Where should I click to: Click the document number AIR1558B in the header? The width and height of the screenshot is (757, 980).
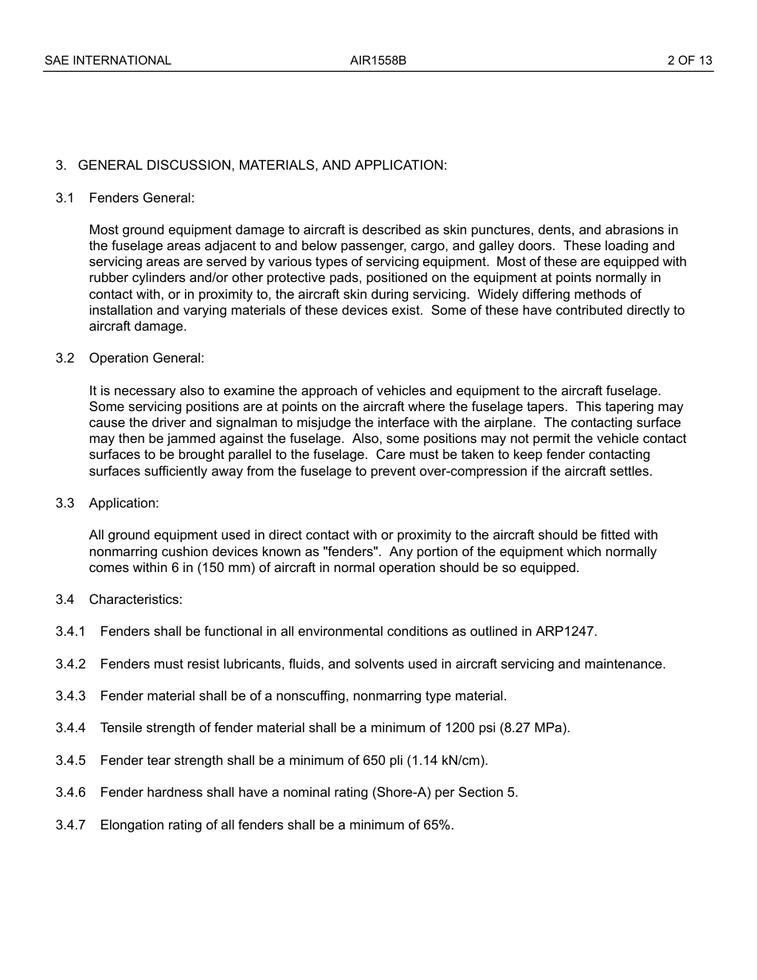click(x=378, y=61)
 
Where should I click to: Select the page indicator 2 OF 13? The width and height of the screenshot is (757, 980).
click(x=690, y=61)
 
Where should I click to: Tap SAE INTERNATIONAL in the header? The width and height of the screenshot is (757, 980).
click(x=108, y=61)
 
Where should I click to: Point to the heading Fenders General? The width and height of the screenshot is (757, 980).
click(x=142, y=198)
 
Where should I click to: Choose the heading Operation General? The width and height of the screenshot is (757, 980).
click(x=147, y=359)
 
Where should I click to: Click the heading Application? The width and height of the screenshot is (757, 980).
click(x=124, y=504)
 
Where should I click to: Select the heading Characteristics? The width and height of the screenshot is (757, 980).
click(x=135, y=600)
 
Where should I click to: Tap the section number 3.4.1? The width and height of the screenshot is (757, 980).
click(x=70, y=632)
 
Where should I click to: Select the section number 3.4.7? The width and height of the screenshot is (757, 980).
click(x=70, y=825)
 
